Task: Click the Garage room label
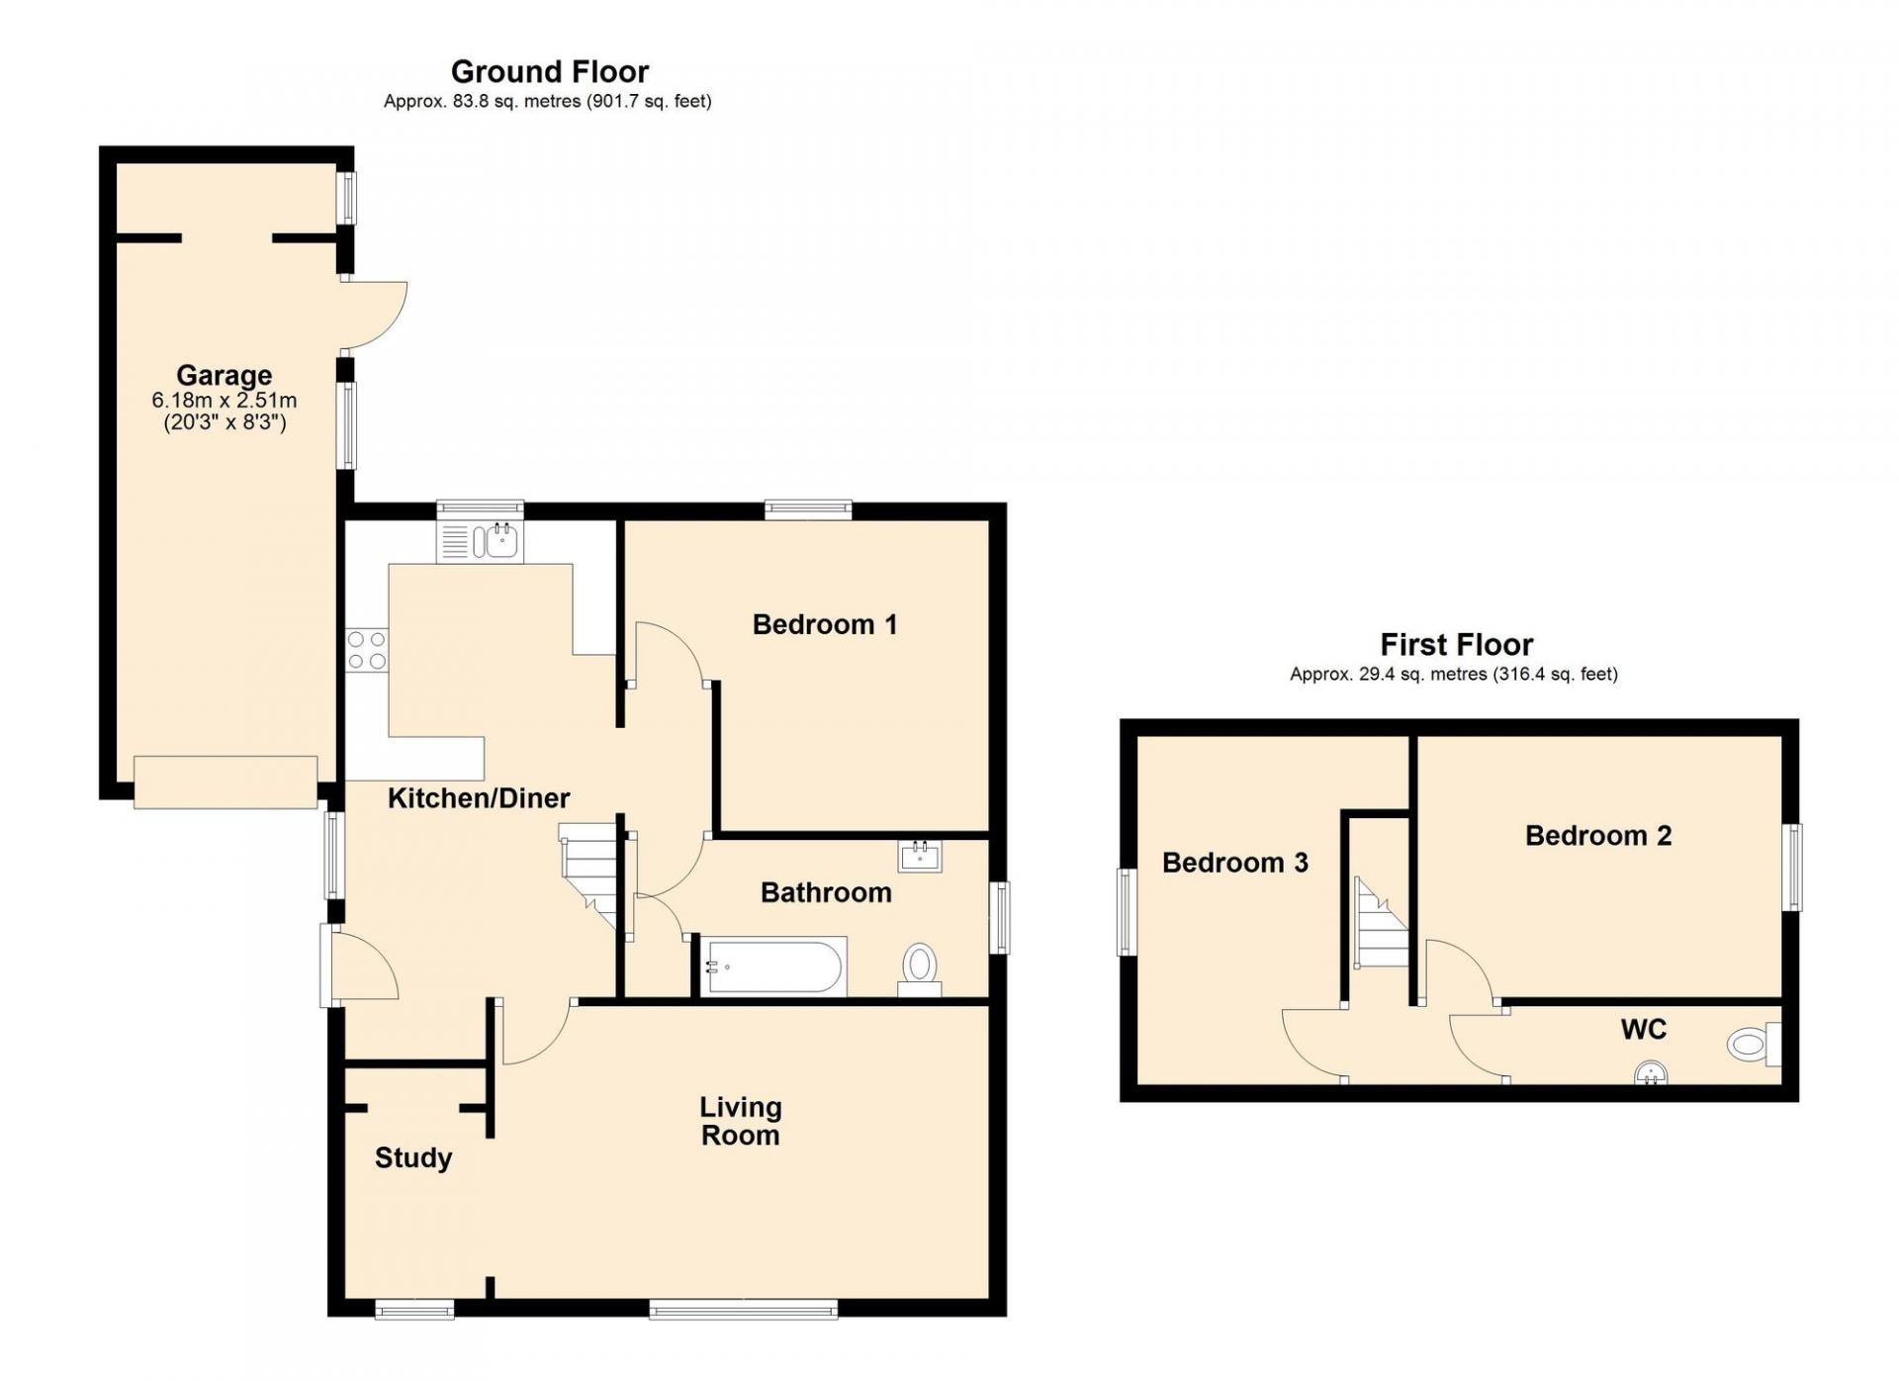[225, 375]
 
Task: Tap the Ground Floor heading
[550, 71]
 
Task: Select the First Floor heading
[1456, 645]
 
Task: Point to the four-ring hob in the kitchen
[367, 649]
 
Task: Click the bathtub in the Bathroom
[773, 966]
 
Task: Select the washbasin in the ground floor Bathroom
[920, 856]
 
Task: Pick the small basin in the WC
[1651, 1072]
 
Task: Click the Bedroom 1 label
[825, 624]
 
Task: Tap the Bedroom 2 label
[1598, 836]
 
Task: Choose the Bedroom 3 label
[1235, 863]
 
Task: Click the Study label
[413, 1158]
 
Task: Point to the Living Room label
[741, 1121]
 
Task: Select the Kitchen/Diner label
[479, 798]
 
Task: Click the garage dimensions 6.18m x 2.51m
[225, 401]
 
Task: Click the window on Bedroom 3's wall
[1126, 912]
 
